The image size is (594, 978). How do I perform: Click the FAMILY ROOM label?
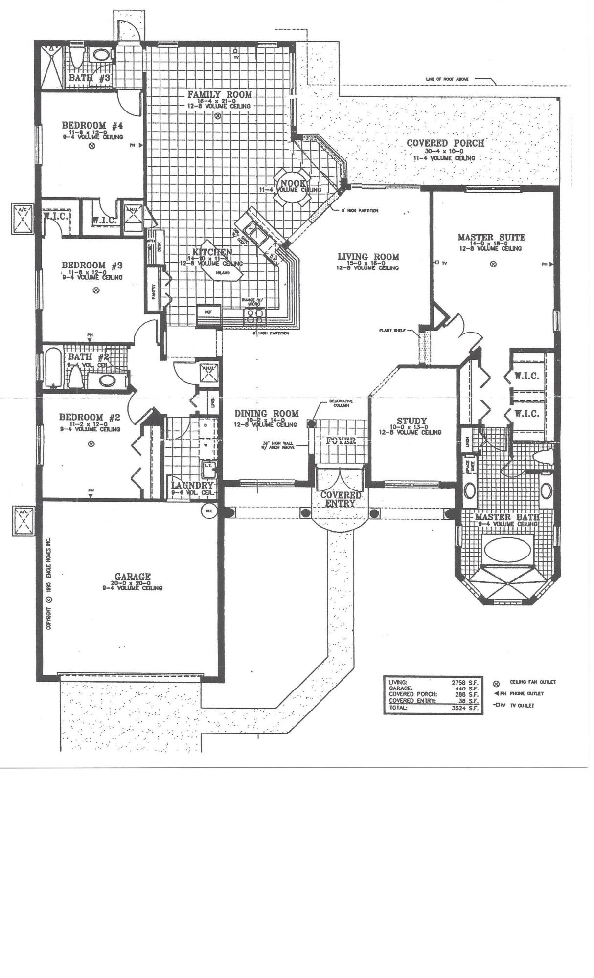tap(220, 94)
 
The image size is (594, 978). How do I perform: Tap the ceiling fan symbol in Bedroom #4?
tap(91, 146)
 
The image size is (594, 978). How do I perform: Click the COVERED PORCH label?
tap(445, 143)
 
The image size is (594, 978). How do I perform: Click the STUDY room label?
tap(411, 421)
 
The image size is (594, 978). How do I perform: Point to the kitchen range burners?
tap(256, 317)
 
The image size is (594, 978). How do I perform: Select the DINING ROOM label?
tap(266, 414)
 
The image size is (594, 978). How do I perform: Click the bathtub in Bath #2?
tap(51, 368)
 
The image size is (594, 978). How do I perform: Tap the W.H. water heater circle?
tap(209, 511)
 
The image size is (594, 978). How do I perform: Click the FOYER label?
tap(341, 441)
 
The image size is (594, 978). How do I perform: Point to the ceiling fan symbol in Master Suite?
tap(493, 264)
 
